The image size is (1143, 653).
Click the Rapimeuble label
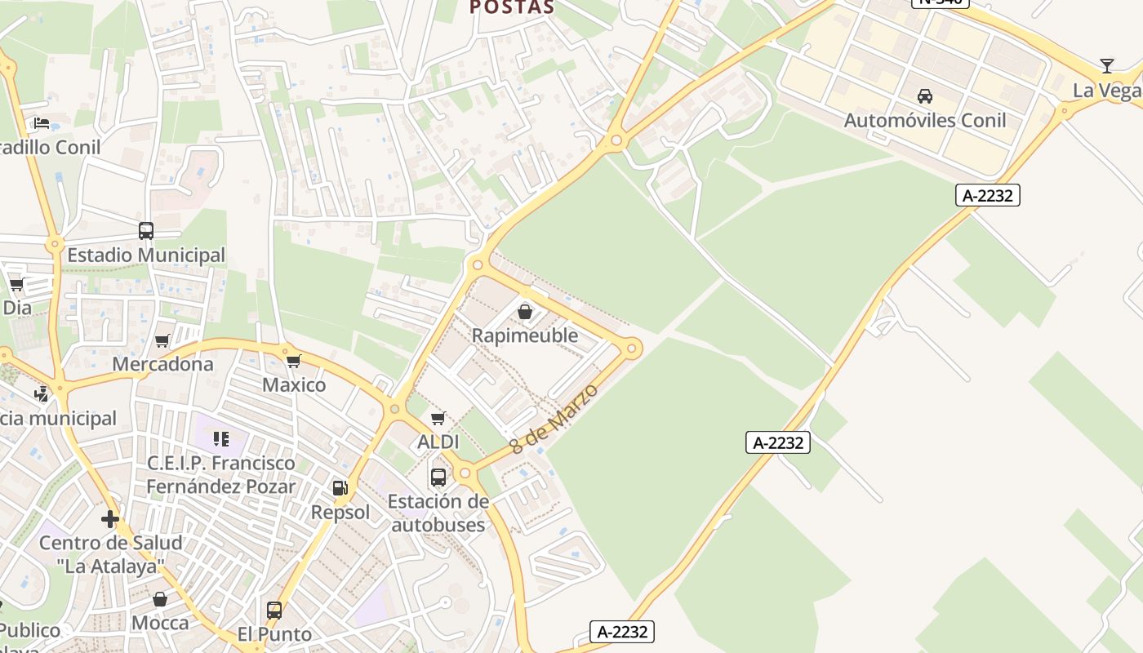(525, 335)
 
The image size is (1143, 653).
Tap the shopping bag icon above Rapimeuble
(525, 312)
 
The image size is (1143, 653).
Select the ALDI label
(438, 442)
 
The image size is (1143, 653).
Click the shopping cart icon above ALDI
(438, 419)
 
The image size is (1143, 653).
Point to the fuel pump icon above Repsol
(340, 488)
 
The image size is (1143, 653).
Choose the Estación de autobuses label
(438, 513)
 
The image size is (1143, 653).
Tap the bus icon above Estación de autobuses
(438, 478)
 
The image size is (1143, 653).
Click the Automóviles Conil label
(924, 121)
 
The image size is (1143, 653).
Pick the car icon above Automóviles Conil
(924, 96)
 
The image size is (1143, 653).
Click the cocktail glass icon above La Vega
(1106, 66)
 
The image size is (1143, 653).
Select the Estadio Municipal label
(146, 255)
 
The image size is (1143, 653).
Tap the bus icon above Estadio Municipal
(146, 231)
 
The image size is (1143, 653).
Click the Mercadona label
(162, 364)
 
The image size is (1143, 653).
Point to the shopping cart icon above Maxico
(294, 361)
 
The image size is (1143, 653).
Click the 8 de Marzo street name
(554, 419)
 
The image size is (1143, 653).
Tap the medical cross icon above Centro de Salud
(110, 519)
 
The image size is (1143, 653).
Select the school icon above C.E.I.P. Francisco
(221, 439)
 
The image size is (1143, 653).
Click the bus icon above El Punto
(274, 611)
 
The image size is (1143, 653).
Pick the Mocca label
(160, 624)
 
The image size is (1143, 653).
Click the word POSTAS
(512, 8)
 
